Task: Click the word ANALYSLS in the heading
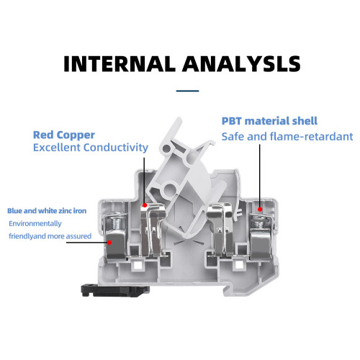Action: [x=241, y=64]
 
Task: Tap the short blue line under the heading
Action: [x=187, y=91]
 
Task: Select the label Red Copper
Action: [x=64, y=135]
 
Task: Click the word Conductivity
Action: [x=116, y=148]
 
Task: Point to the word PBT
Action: [x=232, y=121]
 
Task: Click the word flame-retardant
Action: [x=311, y=137]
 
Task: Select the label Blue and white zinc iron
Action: [x=47, y=211]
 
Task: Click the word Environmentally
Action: [x=35, y=224]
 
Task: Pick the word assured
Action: [x=78, y=236]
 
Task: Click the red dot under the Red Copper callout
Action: [x=145, y=205]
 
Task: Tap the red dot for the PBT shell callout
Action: [x=260, y=210]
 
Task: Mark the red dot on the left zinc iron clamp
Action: [x=109, y=243]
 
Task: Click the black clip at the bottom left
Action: [x=115, y=290]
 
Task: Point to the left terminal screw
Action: [x=117, y=222]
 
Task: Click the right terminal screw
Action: [x=259, y=222]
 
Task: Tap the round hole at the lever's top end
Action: [x=166, y=148]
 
